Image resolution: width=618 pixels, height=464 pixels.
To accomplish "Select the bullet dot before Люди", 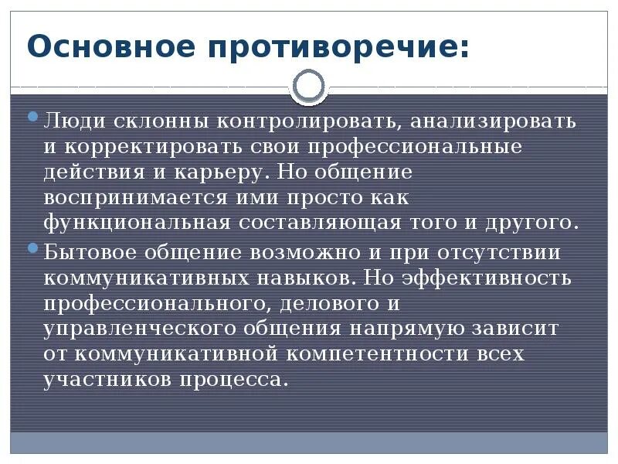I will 32,118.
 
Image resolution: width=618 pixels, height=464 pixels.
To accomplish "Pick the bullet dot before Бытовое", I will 32,248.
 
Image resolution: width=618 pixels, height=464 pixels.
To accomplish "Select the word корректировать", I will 151,147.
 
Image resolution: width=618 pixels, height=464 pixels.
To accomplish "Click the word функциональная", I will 137,223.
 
